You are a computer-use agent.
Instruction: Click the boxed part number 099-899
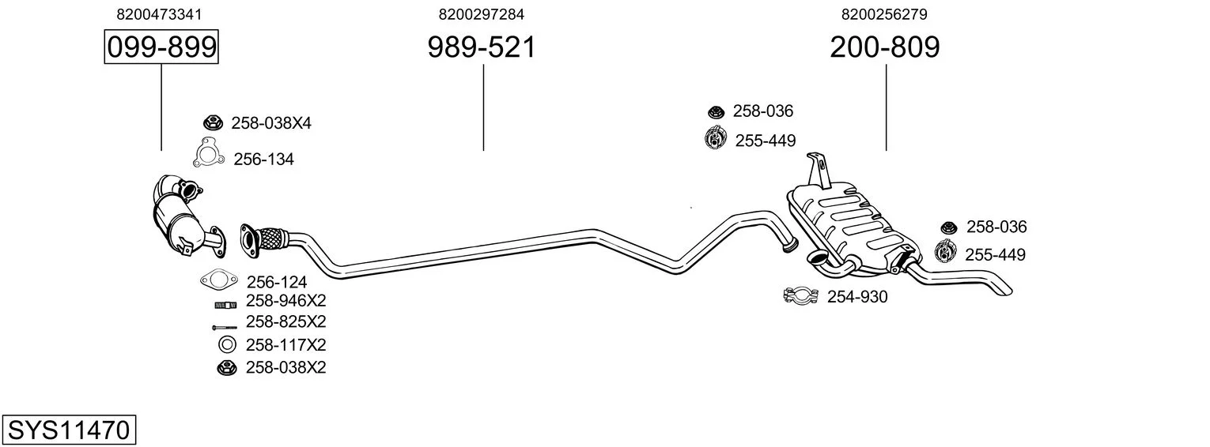pos(161,47)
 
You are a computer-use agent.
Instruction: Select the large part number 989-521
pos(482,47)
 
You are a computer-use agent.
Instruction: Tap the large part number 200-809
pos(885,47)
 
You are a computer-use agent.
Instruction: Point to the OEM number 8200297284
pos(482,14)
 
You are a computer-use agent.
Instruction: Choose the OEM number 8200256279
pos(884,14)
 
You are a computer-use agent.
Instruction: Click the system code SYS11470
pos(68,430)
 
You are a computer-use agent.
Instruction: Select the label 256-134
pos(263,160)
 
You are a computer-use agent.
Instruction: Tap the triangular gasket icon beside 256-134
pos(208,153)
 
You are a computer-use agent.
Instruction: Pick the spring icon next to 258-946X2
pos(225,304)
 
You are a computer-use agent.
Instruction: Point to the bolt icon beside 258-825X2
pos(225,326)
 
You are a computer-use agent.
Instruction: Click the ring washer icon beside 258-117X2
pos(226,345)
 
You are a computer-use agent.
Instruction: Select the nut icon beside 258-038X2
pos(225,367)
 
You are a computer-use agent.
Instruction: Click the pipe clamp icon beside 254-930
pos(800,296)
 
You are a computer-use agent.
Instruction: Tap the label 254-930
pos(857,297)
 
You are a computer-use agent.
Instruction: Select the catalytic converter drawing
pos(178,217)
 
